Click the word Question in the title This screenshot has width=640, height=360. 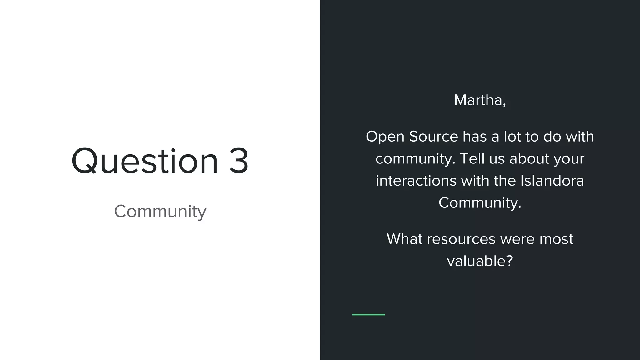click(145, 161)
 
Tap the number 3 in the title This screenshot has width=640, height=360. click(239, 161)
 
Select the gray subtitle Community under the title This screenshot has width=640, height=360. click(160, 212)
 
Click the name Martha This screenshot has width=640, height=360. click(478, 100)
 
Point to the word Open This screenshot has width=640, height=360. click(385, 137)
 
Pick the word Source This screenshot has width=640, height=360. click(433, 137)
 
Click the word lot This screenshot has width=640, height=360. click(512, 137)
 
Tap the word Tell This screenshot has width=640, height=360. click(472, 158)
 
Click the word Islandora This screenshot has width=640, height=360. click(552, 181)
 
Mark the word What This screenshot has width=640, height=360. click(404, 239)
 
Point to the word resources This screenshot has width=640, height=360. click(461, 239)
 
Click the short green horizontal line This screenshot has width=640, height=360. click(368, 315)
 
